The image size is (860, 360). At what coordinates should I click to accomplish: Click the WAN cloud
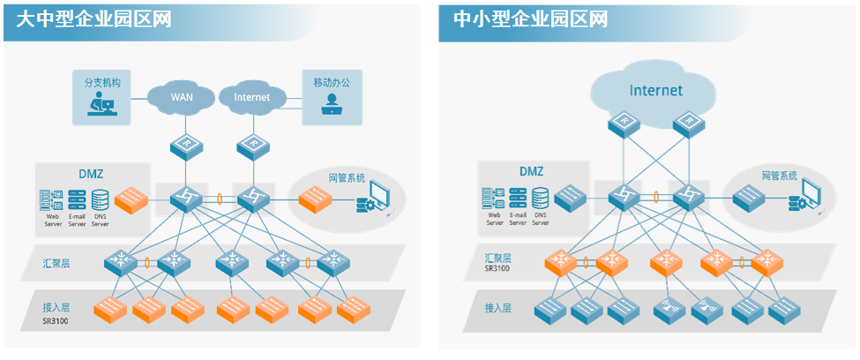181,96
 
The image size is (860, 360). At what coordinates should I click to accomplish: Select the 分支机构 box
102,97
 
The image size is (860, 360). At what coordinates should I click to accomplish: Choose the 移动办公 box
332,97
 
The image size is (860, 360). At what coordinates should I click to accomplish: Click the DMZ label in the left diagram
92,173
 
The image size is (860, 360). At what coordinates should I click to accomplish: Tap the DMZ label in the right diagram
531,171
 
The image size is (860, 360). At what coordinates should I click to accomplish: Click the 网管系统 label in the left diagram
347,177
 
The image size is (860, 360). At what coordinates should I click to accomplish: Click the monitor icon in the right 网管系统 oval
812,194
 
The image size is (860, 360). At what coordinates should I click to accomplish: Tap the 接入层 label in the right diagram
497,308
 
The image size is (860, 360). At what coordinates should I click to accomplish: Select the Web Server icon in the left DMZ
51,200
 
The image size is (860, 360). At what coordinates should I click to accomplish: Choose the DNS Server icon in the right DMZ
541,200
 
